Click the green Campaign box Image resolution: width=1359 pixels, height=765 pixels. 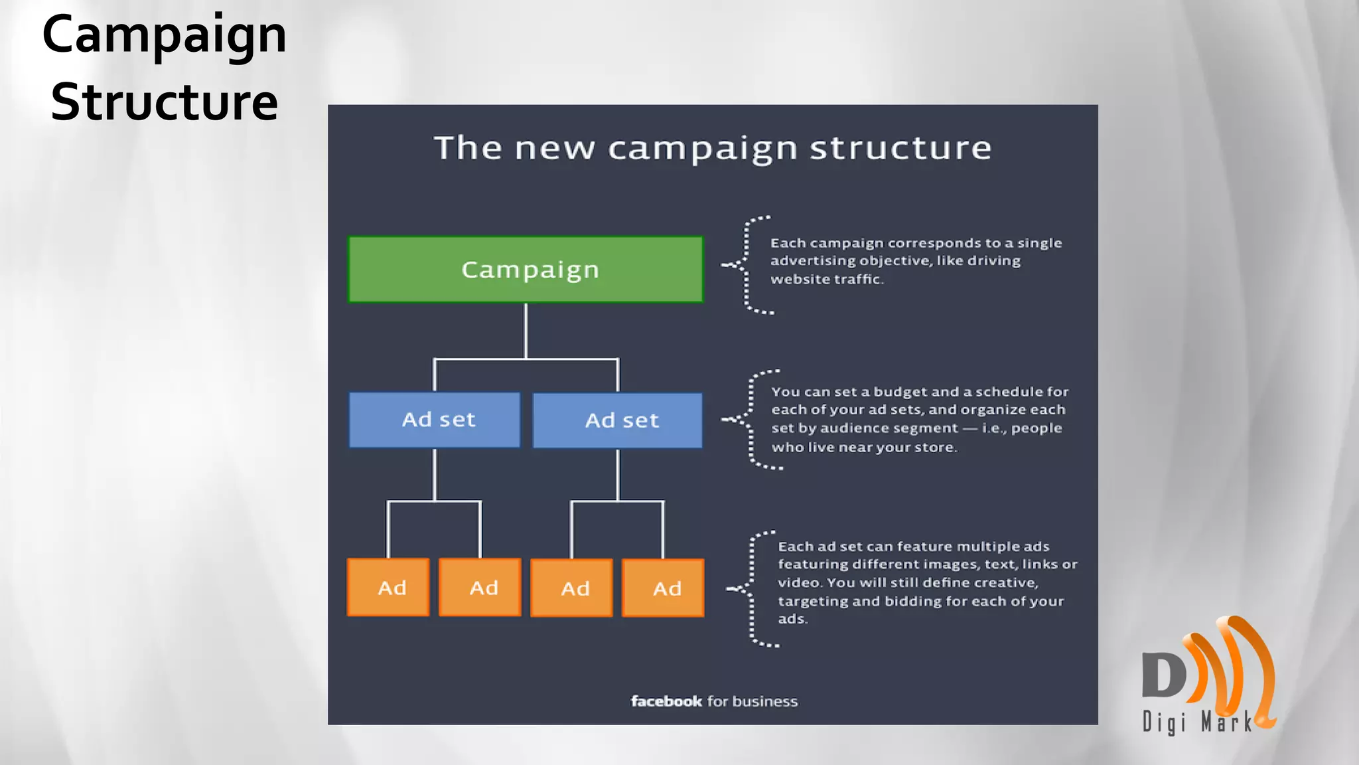click(x=526, y=270)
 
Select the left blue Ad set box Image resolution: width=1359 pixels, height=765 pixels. click(x=435, y=420)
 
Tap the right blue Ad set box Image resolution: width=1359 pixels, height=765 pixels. click(x=618, y=420)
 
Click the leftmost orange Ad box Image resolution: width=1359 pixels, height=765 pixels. click(x=388, y=588)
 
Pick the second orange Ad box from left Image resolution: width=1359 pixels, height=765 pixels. click(x=480, y=588)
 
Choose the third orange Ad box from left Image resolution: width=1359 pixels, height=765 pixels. click(x=571, y=588)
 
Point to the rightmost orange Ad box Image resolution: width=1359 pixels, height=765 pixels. click(x=663, y=588)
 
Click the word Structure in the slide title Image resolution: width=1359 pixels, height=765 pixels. click(x=165, y=102)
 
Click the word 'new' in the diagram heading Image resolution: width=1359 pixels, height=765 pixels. click(x=555, y=148)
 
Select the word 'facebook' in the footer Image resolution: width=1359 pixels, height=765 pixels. click(x=666, y=701)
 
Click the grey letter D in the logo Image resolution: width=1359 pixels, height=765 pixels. click(x=1163, y=675)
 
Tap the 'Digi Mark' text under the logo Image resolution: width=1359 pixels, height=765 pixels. click(x=1196, y=722)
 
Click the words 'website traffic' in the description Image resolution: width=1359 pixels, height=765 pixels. click(x=826, y=280)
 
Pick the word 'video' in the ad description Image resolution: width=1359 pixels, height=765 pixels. click(x=798, y=582)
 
